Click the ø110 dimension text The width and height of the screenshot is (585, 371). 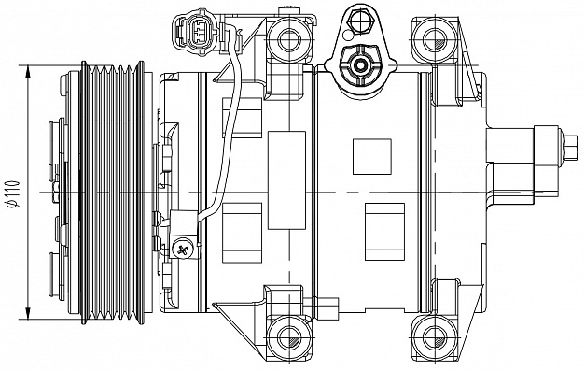tap(13, 193)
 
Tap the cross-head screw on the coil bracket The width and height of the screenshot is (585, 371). tap(183, 250)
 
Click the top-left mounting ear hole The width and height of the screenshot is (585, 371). tap(289, 40)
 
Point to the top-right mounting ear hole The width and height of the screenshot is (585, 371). tap(435, 40)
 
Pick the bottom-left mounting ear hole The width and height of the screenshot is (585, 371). tap(289, 338)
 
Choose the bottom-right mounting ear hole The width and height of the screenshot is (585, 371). tap(435, 338)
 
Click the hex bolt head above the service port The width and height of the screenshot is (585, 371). tap(360, 21)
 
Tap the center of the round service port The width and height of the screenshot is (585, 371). tap(360, 65)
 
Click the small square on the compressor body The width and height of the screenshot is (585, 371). tap(372, 157)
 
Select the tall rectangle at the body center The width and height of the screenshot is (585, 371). tap(286, 180)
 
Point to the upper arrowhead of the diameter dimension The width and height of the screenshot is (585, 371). tap(28, 72)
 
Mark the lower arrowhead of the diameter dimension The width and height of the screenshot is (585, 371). tap(28, 313)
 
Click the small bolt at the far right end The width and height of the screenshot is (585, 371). tap(570, 148)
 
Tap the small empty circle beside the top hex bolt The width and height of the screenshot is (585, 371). tap(347, 35)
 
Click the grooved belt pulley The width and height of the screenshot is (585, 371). tap(112, 193)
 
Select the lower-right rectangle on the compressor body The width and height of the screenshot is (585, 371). tap(384, 232)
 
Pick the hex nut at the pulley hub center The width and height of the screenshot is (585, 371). tap(56, 193)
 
